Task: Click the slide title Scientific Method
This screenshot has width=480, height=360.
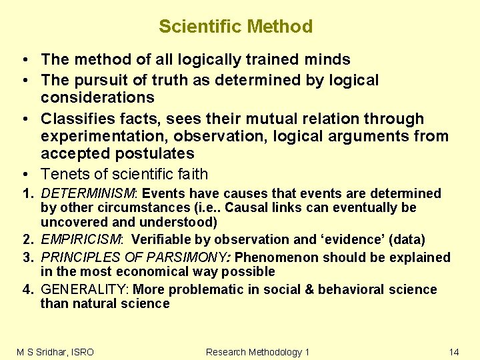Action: pyautogui.click(x=235, y=27)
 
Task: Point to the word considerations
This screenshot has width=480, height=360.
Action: pyautogui.click(x=97, y=98)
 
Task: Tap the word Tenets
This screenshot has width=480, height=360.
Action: pyautogui.click(x=64, y=175)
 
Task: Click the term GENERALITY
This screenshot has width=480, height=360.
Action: pyautogui.click(x=85, y=289)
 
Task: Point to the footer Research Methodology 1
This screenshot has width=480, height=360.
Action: pyautogui.click(x=257, y=351)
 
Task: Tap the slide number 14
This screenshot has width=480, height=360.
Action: pyautogui.click(x=453, y=351)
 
